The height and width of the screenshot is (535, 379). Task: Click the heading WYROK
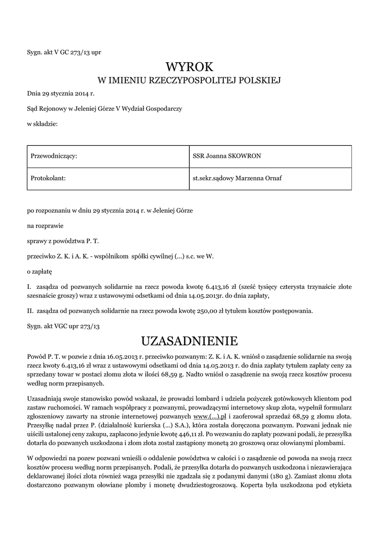point(190,67)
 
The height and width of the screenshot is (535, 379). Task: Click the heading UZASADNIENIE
point(189,341)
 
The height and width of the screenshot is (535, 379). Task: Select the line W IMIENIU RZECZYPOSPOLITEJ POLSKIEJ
point(190,80)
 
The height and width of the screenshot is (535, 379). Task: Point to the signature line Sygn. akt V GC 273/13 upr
point(60,52)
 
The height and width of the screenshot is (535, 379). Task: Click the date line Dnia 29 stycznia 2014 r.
point(60,94)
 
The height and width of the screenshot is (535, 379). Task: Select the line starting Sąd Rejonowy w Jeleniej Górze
point(105,109)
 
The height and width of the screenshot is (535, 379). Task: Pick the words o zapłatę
point(40,272)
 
